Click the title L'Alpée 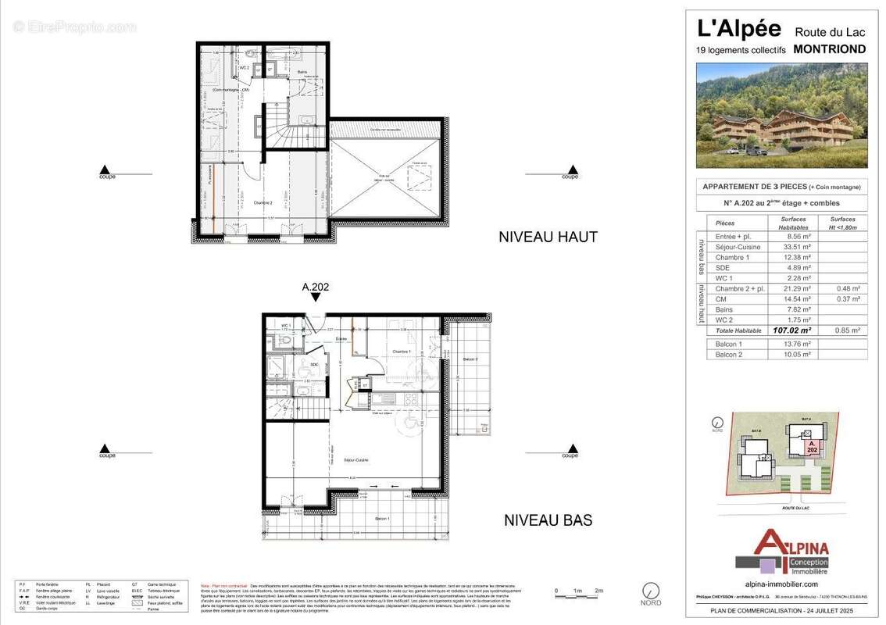tap(738, 29)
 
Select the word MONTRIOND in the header tap(829, 48)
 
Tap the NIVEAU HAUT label tap(548, 237)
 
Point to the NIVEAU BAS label tap(548, 520)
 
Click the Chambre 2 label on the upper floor tap(251, 202)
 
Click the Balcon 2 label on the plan tap(470, 359)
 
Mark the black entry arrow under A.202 tap(315, 298)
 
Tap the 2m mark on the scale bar tap(599, 591)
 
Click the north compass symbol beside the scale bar tap(650, 591)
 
